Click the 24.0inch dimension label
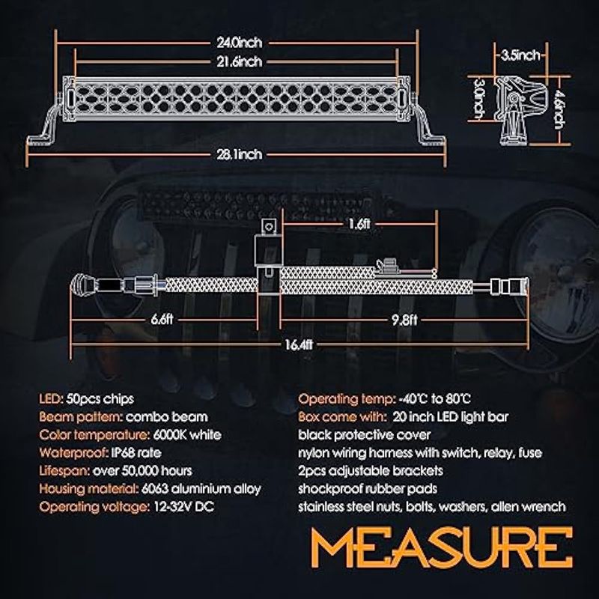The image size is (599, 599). click(240, 43)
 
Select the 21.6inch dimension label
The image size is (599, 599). click(240, 61)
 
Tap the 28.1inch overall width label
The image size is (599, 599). click(240, 154)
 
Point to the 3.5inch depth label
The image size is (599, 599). click(520, 55)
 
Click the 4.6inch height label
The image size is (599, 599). click(559, 109)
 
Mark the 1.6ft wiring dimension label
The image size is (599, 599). click(359, 224)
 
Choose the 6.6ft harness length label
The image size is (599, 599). click(162, 319)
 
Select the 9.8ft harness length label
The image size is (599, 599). click(404, 320)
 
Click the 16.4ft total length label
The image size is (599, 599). click(299, 344)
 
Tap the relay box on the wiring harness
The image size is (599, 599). click(268, 249)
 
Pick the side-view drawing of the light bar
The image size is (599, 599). click(519, 110)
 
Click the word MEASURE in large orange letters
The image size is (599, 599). click(442, 547)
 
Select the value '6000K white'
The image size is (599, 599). click(187, 435)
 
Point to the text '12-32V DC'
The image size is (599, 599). click(183, 507)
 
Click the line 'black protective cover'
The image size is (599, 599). click(365, 435)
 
